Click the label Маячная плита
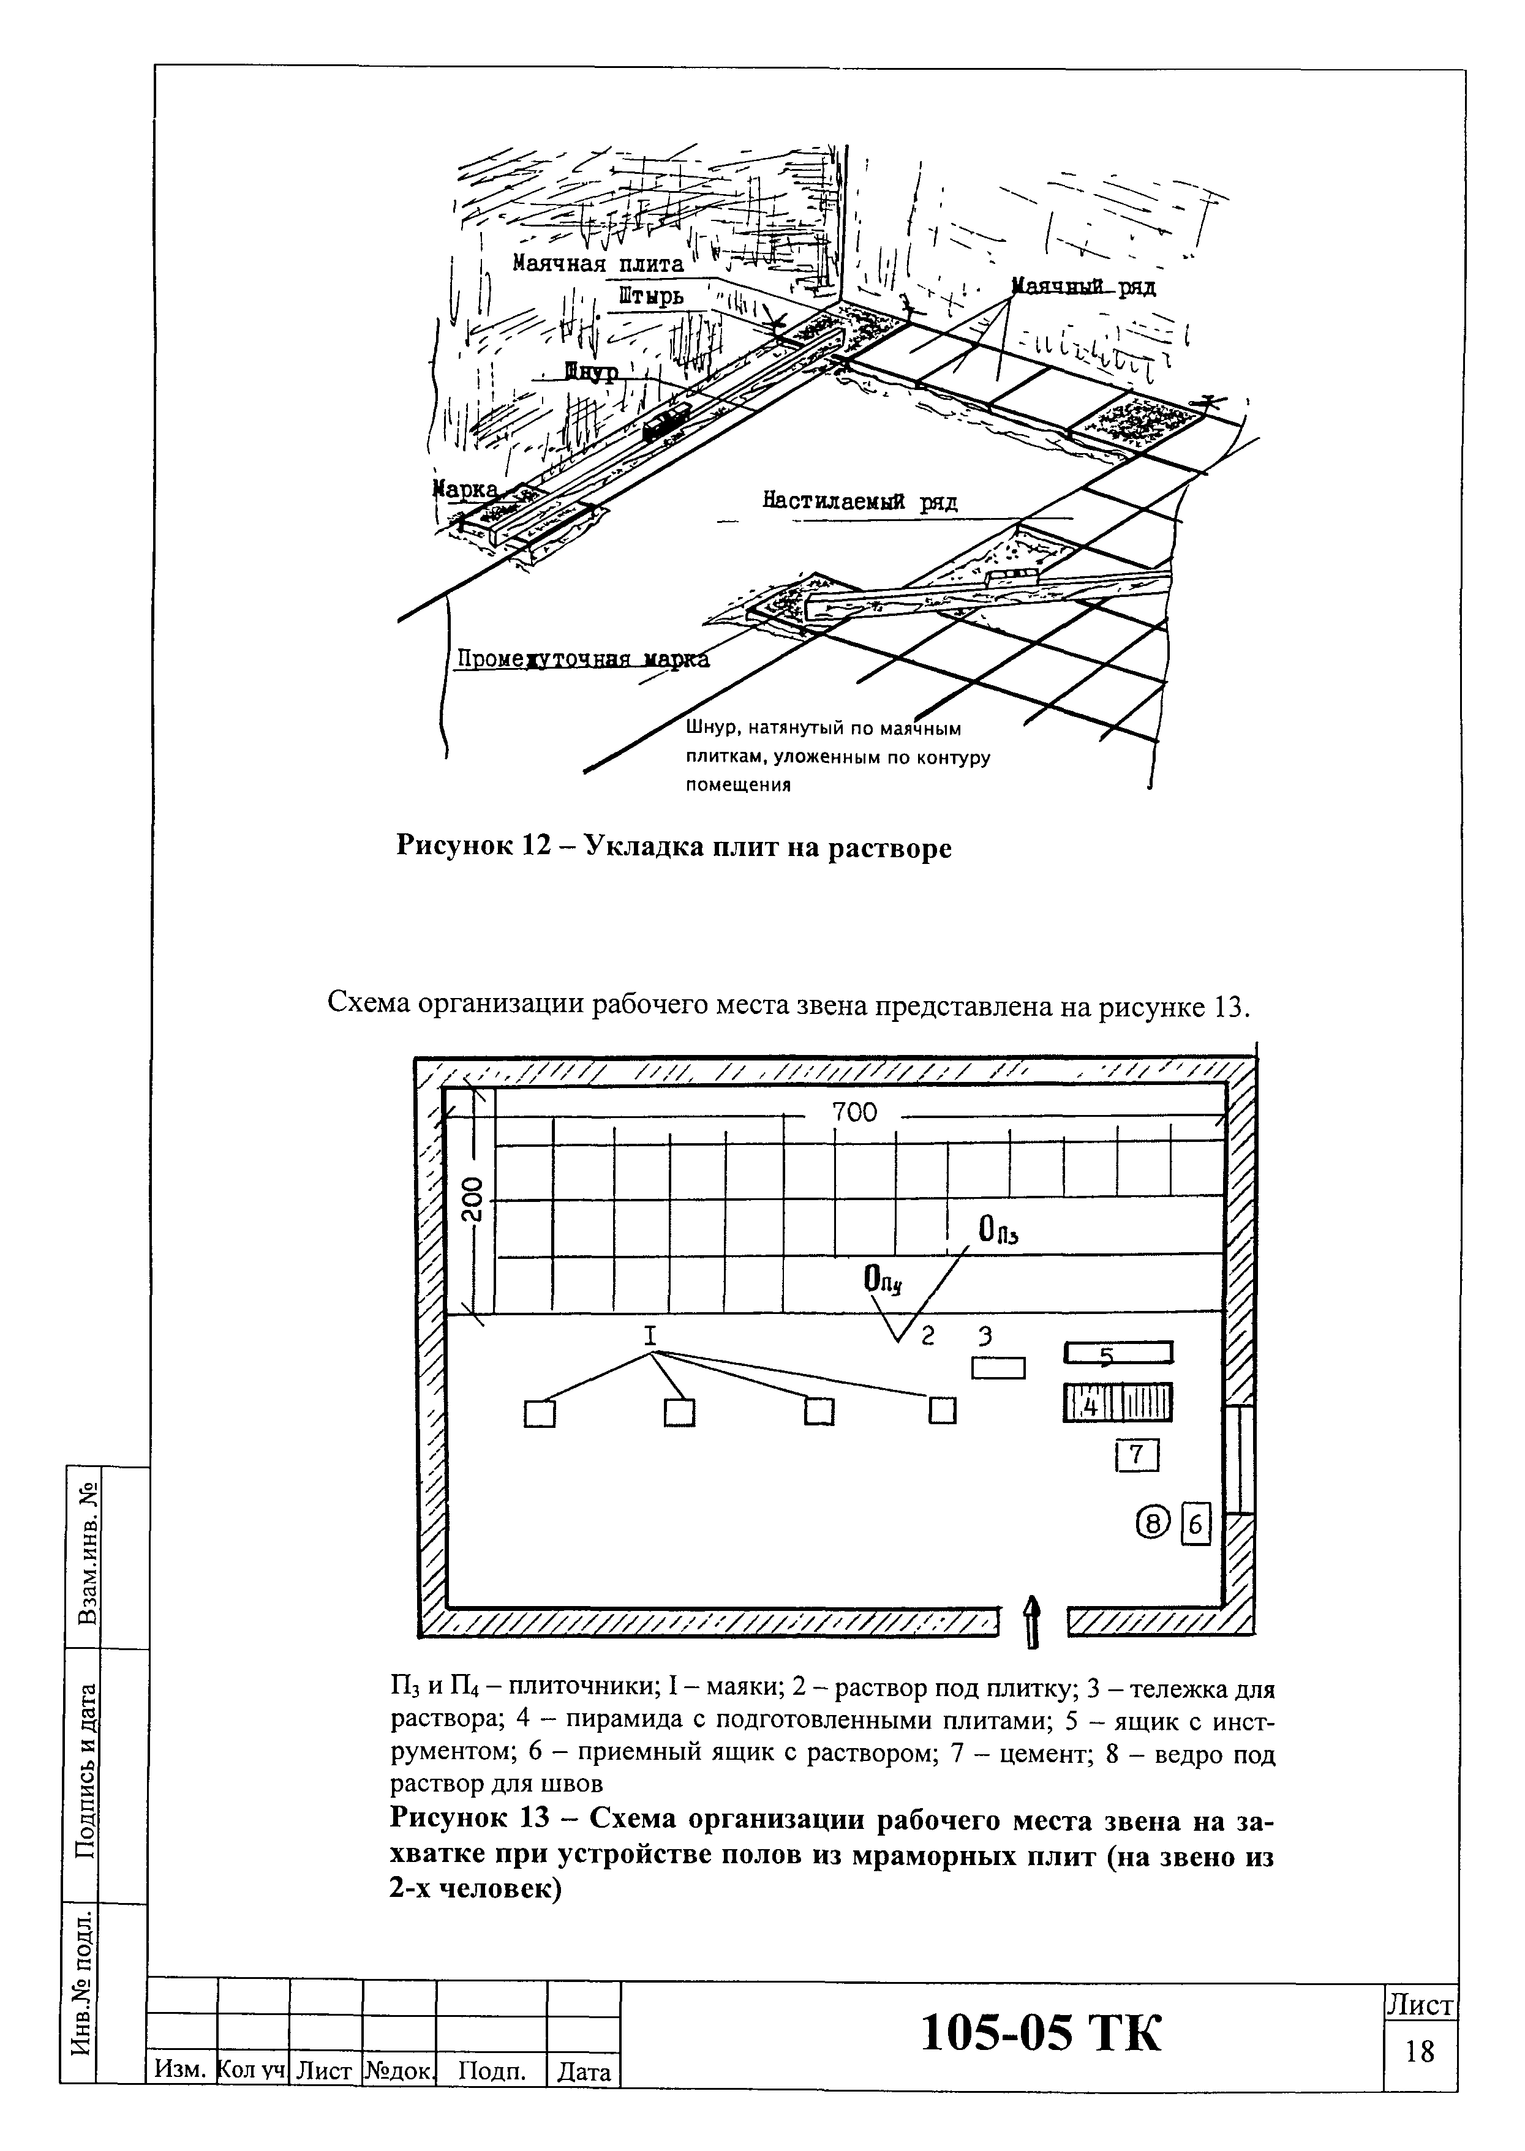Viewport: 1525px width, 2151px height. pos(598,264)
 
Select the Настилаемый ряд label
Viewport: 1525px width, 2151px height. pos(859,502)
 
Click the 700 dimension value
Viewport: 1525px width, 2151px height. pos(854,1113)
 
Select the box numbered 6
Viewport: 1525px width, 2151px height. pos(1196,1525)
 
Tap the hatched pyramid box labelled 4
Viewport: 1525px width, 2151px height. pos(1118,1403)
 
